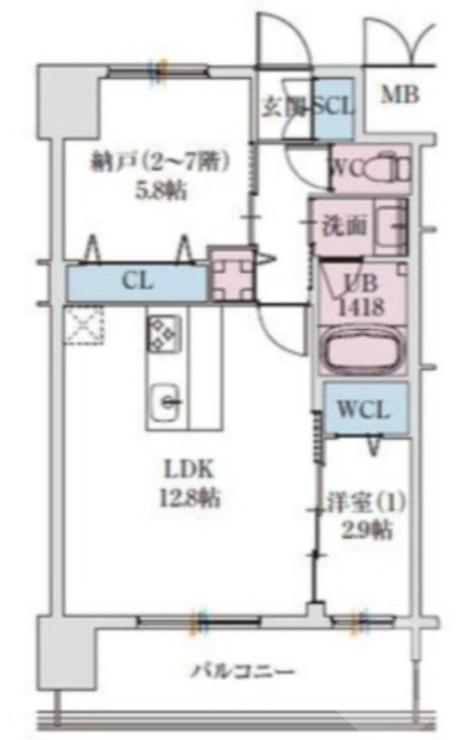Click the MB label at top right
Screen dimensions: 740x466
[400, 96]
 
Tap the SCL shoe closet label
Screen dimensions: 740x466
[332, 106]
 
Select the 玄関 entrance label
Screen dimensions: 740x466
[282, 106]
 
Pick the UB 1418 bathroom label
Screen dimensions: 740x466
[360, 295]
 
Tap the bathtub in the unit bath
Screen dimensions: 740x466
[363, 352]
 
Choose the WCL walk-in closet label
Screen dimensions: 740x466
[364, 409]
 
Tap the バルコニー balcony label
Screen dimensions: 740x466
[242, 671]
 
